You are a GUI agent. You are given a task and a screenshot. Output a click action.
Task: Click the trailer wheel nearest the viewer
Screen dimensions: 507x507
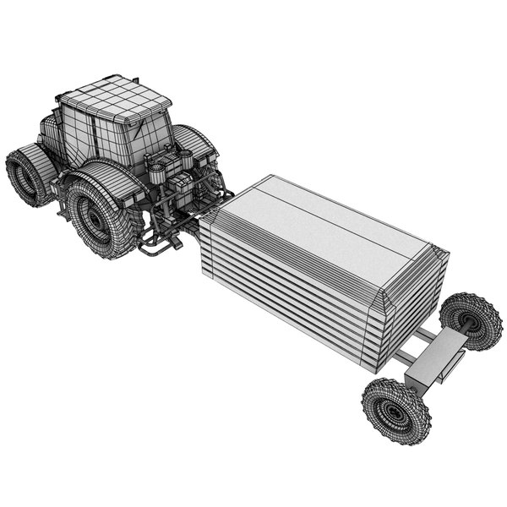point(395,411)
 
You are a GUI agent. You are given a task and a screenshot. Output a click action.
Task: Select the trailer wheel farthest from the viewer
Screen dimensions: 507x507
point(471,319)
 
